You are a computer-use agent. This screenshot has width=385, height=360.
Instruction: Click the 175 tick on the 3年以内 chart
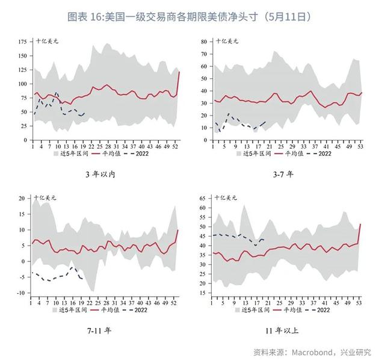pos(23,42)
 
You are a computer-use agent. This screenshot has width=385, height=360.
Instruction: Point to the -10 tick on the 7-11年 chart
pos(22,293)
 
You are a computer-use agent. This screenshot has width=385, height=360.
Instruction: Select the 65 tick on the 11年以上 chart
pos(203,197)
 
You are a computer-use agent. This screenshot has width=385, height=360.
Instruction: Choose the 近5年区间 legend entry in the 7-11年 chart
pos(74,310)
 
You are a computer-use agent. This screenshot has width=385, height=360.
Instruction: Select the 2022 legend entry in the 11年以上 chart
pos(321,310)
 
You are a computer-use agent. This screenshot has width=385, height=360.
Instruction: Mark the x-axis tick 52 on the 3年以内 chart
pos(175,145)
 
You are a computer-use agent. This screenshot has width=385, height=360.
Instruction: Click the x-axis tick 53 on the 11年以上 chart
pos(360,301)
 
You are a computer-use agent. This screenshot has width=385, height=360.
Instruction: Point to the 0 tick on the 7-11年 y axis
pos(25,261)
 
